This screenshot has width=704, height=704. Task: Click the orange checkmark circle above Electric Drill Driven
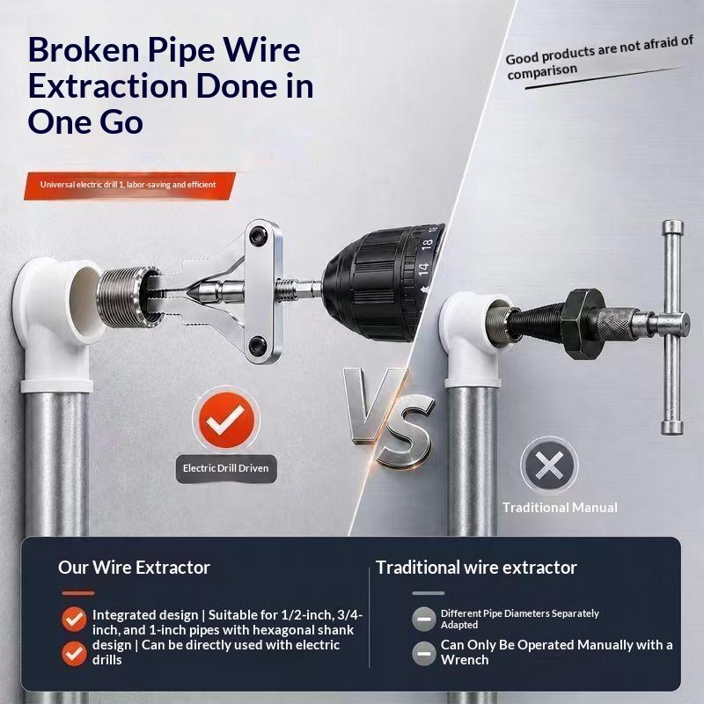pos(226,420)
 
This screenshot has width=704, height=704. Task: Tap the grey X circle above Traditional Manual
pos(549,465)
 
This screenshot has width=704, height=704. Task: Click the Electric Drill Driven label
pos(226,468)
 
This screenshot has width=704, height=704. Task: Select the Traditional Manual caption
pos(560,508)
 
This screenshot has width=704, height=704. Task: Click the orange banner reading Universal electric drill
pos(129,185)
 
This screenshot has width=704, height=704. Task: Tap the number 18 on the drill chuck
pos(427,245)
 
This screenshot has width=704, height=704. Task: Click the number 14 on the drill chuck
pos(423,269)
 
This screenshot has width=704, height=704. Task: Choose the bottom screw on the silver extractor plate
pos(258,345)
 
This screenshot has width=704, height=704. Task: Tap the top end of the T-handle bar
pos(672,226)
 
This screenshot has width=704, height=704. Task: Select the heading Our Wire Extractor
pos(134,568)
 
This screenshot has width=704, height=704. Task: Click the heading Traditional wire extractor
pos(476,568)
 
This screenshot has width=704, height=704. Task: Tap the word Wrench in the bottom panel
pos(465,660)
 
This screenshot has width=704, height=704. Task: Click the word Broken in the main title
pos(84,49)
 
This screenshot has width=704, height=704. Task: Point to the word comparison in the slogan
pos(542,72)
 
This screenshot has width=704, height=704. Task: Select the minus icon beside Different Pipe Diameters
pos(424,619)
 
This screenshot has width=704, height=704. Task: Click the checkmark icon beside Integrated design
pos(74,620)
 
